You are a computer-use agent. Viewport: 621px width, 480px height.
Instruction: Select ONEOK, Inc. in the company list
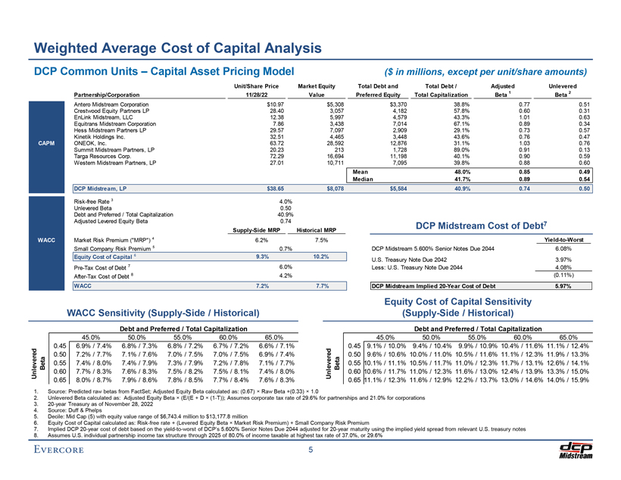[90, 141]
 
